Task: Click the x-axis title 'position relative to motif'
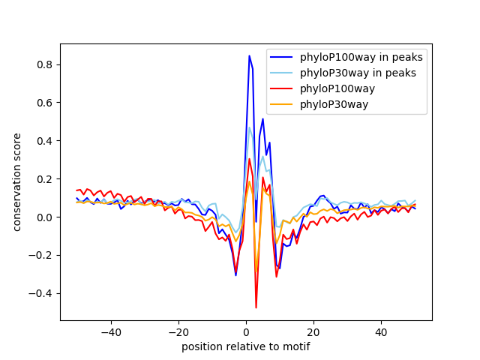[x=246, y=347]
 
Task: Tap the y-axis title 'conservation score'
[x=16, y=181]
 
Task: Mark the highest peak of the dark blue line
[x=249, y=55]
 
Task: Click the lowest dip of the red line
[x=256, y=307]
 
